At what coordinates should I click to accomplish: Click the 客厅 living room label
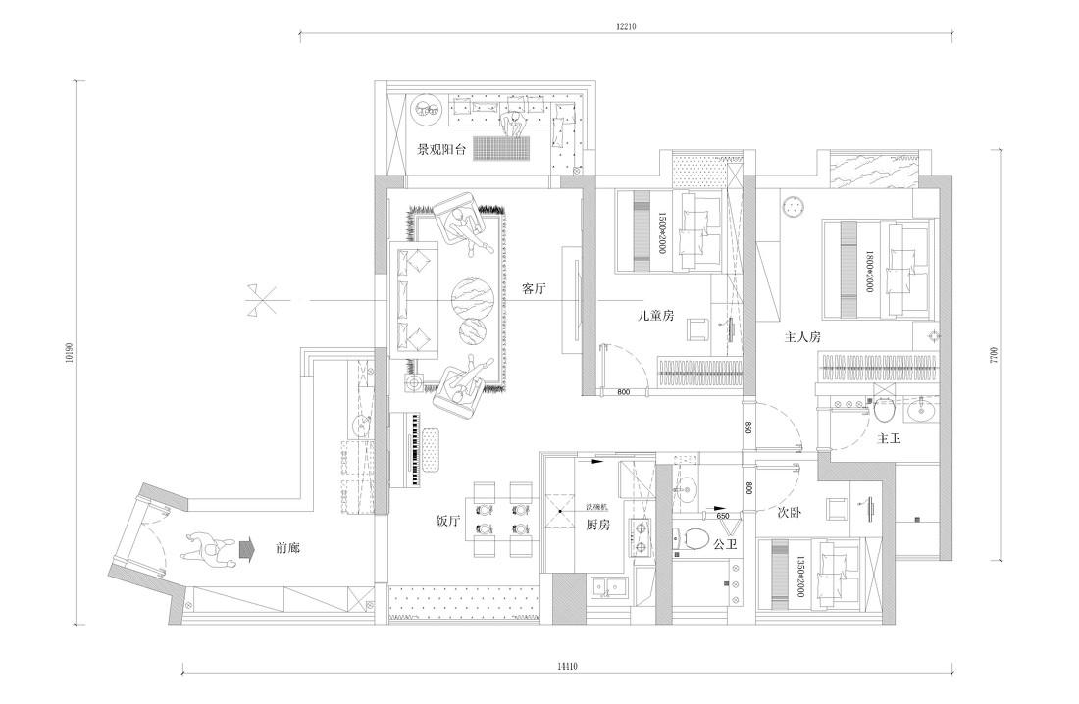tap(534, 289)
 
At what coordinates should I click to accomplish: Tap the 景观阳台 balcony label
tap(440, 150)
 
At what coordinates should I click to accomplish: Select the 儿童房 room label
tap(655, 316)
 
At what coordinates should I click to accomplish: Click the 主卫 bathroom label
tap(889, 438)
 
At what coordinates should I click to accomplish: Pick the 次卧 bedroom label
tap(791, 513)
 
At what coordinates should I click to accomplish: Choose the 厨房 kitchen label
tap(599, 525)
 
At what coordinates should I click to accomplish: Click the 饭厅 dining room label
tap(448, 521)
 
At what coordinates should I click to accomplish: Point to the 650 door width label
tap(722, 515)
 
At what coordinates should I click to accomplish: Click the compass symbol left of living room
tap(261, 299)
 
